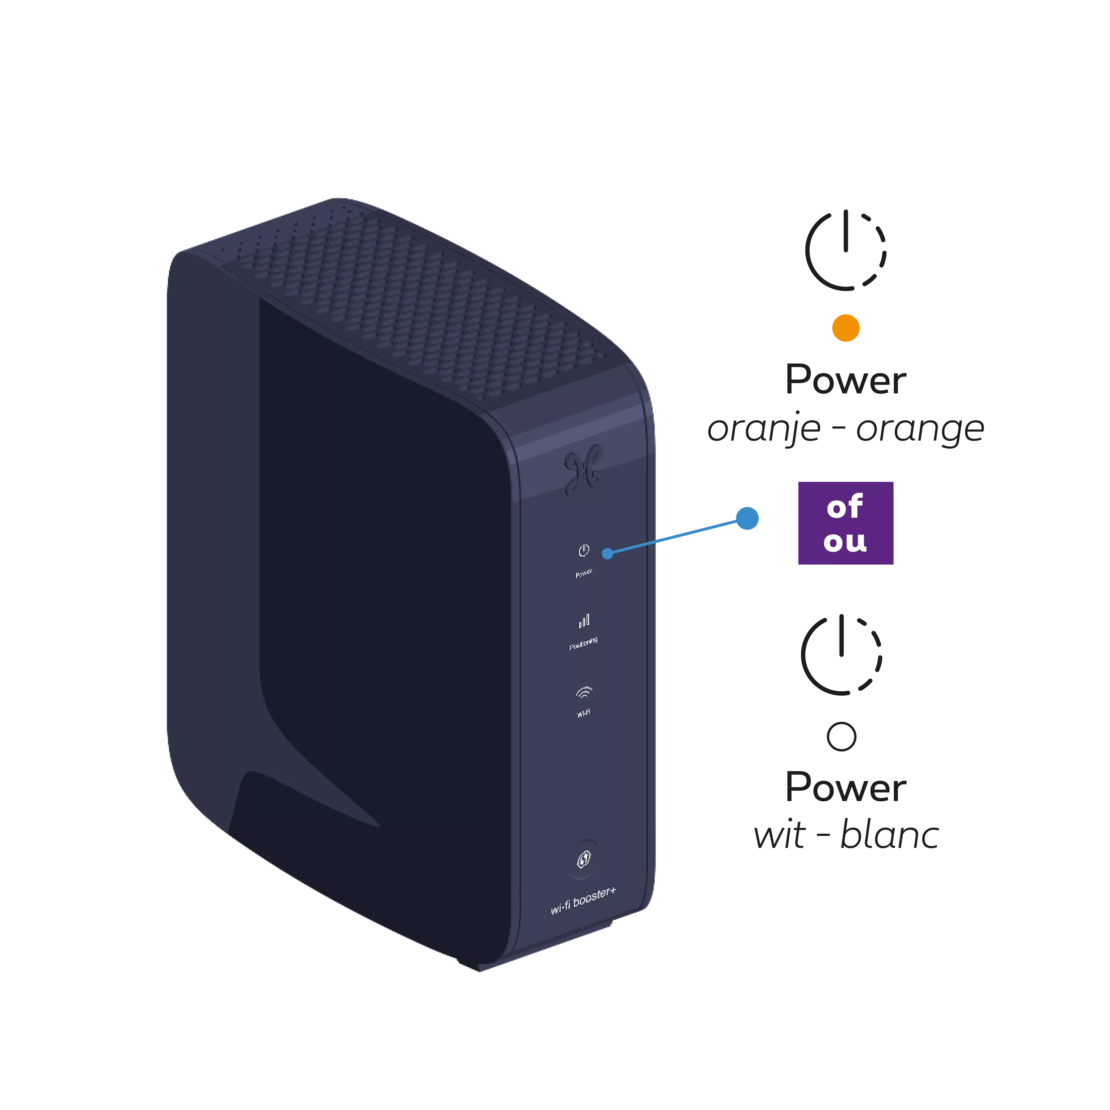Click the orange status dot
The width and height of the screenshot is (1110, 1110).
(846, 328)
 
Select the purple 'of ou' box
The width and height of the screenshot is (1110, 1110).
(846, 523)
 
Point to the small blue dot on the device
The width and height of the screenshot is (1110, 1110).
(607, 554)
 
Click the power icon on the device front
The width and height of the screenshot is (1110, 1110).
(584, 550)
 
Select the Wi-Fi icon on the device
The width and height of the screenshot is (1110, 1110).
(584, 693)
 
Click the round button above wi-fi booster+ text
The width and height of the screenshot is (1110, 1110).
(584, 860)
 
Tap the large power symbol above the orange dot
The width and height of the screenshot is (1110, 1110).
(846, 250)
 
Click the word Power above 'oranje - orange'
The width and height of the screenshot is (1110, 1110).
(846, 380)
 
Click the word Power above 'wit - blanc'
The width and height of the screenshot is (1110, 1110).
(846, 787)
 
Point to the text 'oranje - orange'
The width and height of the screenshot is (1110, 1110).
(846, 429)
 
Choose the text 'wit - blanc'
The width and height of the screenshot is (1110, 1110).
(846, 835)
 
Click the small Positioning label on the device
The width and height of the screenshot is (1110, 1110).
(584, 643)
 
